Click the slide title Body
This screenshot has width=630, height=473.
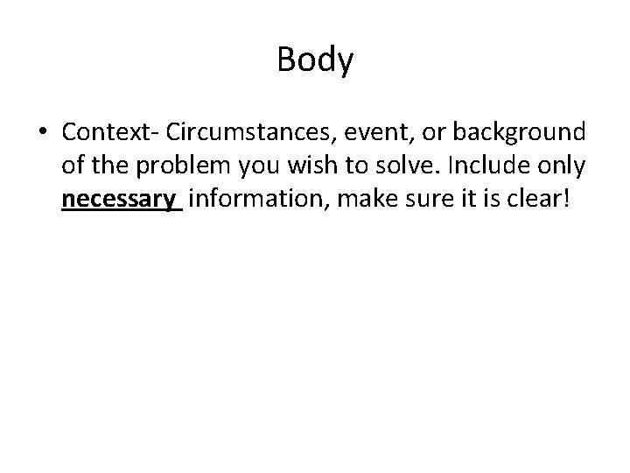pyautogui.click(x=315, y=60)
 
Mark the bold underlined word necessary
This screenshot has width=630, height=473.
pyautogui.click(x=119, y=201)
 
